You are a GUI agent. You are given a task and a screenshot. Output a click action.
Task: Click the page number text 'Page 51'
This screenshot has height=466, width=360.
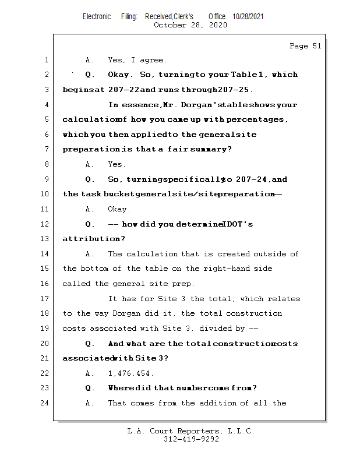(x=305, y=46)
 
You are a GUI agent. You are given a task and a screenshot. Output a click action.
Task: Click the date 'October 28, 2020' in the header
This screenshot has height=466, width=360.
(x=190, y=25)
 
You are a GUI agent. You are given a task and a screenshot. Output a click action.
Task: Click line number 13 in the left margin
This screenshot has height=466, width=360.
(x=45, y=239)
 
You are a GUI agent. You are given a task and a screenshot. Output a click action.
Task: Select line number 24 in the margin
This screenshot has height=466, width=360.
(x=45, y=403)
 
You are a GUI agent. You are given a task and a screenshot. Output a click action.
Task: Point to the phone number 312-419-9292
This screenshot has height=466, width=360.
(x=191, y=439)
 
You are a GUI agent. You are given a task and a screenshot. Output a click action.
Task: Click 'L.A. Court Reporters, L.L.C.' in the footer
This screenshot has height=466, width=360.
(x=190, y=431)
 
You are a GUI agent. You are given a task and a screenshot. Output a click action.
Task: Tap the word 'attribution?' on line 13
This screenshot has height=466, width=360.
(x=86, y=239)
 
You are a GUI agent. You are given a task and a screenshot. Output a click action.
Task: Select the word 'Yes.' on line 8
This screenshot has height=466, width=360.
(x=117, y=164)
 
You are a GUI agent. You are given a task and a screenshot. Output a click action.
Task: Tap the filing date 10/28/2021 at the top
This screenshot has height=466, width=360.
(x=248, y=17)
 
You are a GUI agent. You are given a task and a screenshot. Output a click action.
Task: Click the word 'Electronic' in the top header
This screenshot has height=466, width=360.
(x=97, y=17)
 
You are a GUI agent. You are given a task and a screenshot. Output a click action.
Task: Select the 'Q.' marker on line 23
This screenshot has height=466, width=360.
(x=90, y=388)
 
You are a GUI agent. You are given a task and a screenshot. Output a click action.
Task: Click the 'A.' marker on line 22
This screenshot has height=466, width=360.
(x=89, y=373)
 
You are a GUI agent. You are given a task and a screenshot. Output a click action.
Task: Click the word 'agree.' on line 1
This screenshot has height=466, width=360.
(x=153, y=60)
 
